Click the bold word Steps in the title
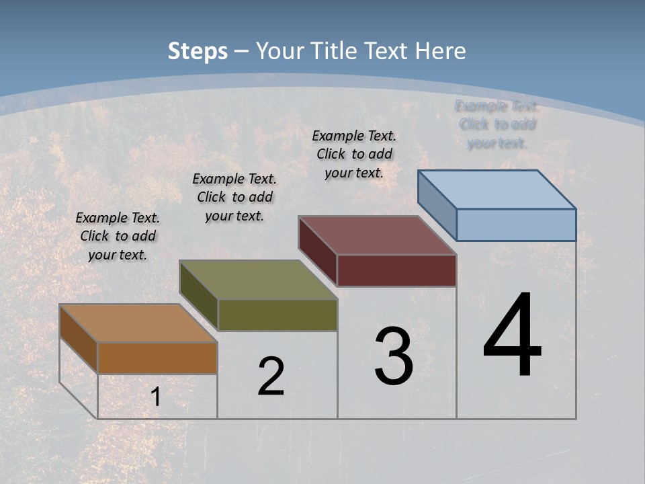[x=198, y=52]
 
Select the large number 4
[x=512, y=335]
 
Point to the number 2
[x=271, y=376]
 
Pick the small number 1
[x=155, y=397]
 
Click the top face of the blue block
[x=497, y=190]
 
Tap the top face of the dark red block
[x=377, y=235]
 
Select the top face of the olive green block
[x=258, y=280]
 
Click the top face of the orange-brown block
[x=138, y=323]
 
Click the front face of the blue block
[x=516, y=225]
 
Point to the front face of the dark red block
[x=396, y=270]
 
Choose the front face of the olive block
[x=277, y=315]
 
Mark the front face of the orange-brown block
[x=157, y=358]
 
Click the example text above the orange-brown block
[x=118, y=236]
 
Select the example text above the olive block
[x=234, y=197]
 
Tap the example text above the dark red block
[x=354, y=154]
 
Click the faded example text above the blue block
[x=497, y=124]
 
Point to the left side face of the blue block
[x=437, y=205]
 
